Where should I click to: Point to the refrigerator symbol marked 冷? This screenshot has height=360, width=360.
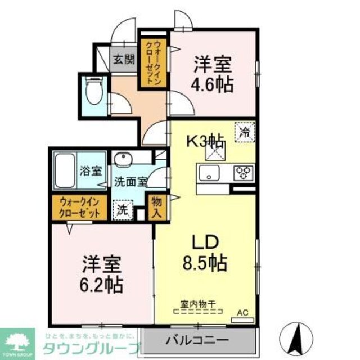(245, 133)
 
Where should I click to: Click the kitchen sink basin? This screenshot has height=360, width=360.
(209, 172)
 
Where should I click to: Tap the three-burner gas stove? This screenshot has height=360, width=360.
(244, 170)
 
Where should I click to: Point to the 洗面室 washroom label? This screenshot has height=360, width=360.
(131, 182)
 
